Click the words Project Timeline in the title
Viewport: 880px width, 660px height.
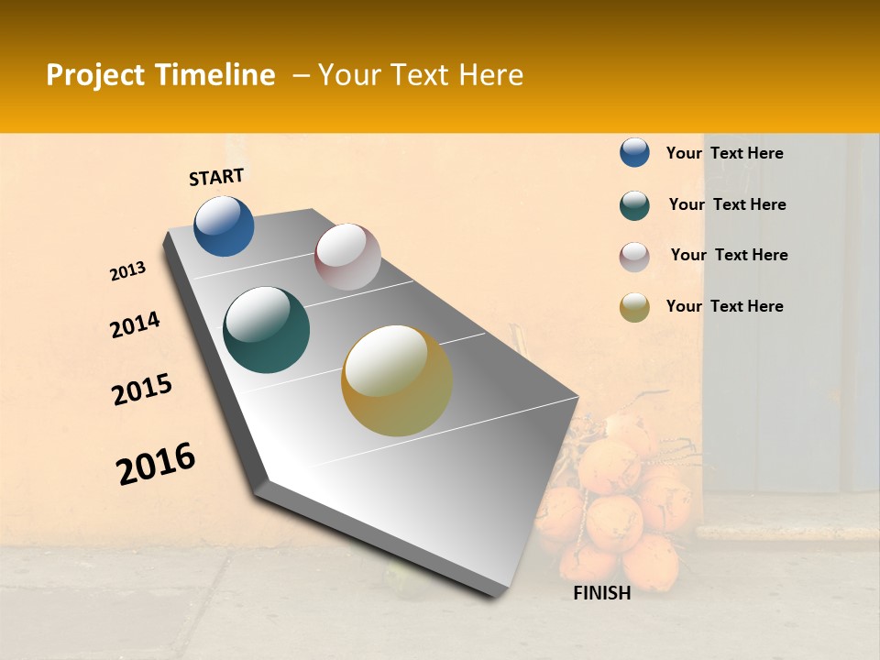point(160,75)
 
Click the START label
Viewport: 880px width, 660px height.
point(216,177)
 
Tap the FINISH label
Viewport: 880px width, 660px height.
point(602,593)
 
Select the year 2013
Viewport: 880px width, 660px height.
point(128,271)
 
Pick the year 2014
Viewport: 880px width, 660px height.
point(135,324)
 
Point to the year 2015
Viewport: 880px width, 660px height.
point(142,390)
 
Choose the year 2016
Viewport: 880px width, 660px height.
point(156,464)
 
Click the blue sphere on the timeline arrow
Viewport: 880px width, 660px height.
point(224,226)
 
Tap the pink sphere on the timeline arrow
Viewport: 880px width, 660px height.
point(347,257)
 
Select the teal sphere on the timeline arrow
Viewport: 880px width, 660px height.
point(267,330)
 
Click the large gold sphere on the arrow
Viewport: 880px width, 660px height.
point(397,380)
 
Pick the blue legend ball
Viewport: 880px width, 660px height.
point(634,152)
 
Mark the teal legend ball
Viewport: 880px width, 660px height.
point(634,205)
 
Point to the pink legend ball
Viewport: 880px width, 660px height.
point(634,257)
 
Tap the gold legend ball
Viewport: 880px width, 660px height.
point(634,307)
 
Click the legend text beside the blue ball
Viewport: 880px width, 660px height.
point(724,153)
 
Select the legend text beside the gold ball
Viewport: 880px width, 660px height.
point(724,306)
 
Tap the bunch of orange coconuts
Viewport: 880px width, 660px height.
point(614,504)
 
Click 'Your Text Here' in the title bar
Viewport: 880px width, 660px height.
point(420,75)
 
